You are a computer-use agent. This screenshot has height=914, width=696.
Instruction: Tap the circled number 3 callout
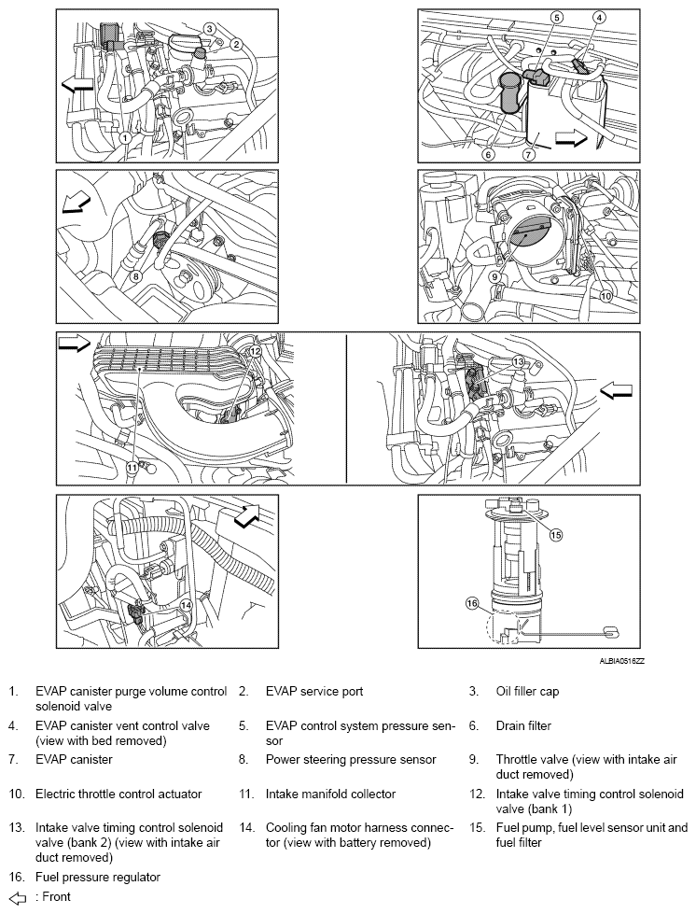210,29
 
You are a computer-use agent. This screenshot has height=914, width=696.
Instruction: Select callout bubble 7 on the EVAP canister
528,153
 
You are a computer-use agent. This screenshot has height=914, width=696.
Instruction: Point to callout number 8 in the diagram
135,276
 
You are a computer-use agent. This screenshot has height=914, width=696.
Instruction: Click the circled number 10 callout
605,297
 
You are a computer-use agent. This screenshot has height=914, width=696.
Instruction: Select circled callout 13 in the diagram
518,360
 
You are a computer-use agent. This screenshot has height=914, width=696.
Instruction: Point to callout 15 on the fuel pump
556,535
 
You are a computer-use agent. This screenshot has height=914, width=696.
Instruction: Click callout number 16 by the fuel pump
472,604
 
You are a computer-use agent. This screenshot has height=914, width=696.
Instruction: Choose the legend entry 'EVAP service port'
313,692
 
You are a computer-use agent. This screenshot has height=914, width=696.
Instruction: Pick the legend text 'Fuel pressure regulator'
97,878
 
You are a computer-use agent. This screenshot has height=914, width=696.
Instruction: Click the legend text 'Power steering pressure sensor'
350,760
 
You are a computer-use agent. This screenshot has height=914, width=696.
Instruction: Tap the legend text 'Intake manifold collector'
331,794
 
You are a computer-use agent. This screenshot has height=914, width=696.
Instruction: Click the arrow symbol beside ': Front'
16,897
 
